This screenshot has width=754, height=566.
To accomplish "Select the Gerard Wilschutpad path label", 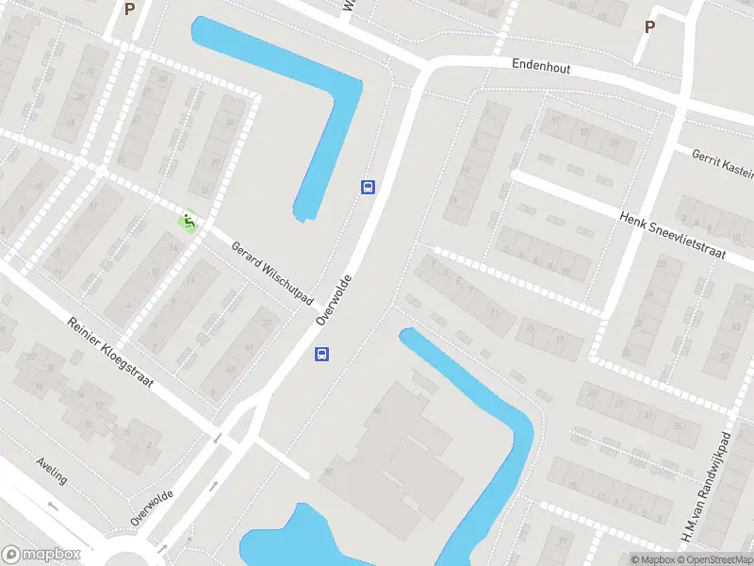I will click(271, 272).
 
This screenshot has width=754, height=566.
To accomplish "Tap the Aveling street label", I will click(52, 471).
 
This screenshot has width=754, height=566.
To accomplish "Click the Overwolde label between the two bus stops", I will click(334, 300).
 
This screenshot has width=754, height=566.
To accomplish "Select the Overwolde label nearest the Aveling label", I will click(152, 508).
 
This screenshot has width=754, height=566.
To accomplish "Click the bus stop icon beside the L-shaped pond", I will click(368, 187).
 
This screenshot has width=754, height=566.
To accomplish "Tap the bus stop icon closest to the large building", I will click(321, 355).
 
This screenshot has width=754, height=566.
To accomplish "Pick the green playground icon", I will click(188, 222).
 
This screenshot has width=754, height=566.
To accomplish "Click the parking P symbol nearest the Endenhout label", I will click(649, 26).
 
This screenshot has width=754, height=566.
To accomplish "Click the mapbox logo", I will click(41, 555).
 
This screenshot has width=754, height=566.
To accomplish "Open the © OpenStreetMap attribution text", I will click(715, 559).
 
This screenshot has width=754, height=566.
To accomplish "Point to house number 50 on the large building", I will click(329, 471).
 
